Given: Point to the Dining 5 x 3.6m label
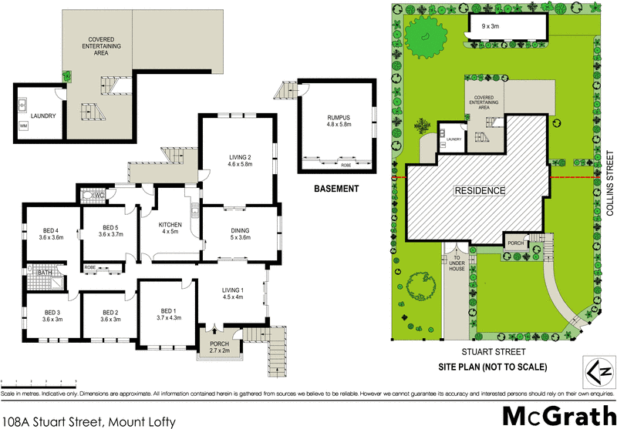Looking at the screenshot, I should [235, 233].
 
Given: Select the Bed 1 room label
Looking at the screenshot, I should [167, 312].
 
